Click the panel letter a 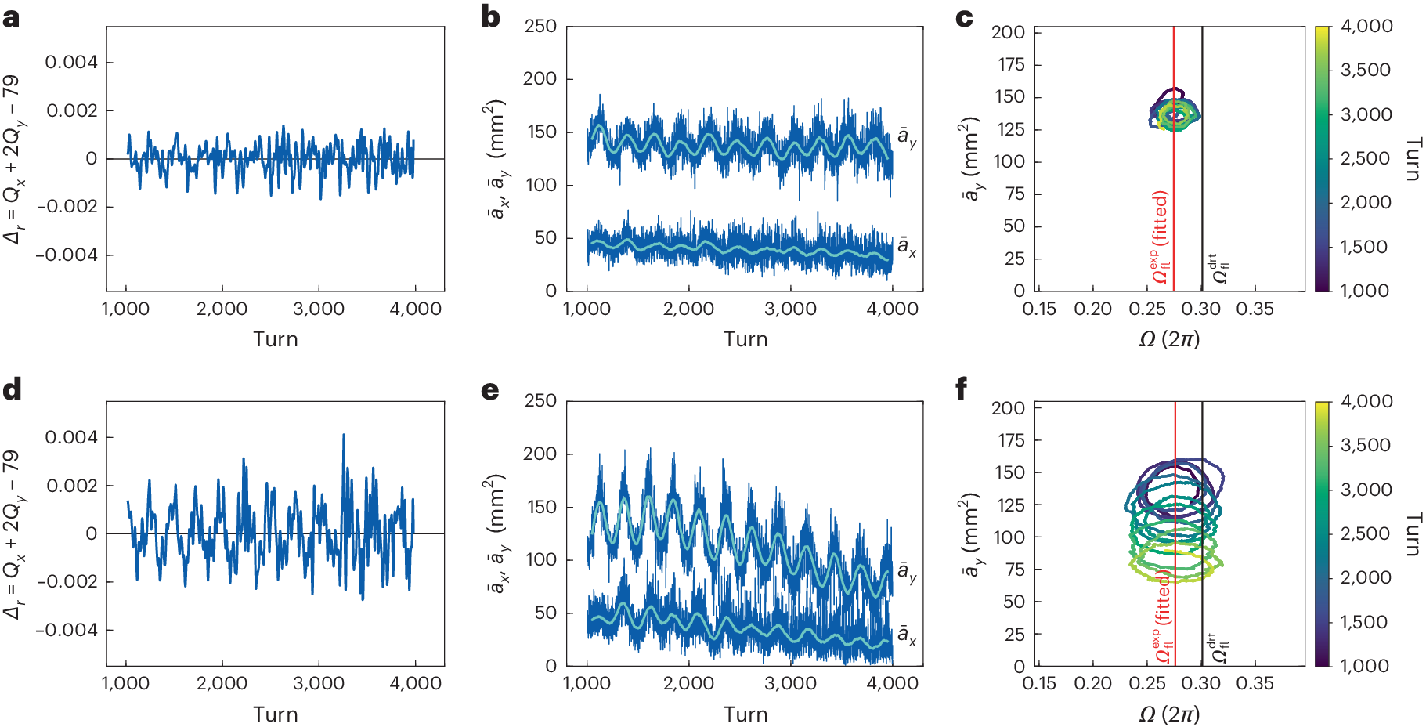11,17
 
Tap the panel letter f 962,389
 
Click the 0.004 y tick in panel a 70,62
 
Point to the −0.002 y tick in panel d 67,581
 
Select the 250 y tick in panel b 540,26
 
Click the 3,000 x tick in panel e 790,684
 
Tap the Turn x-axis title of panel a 275,339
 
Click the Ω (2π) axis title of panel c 1169,339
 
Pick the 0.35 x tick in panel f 1255,684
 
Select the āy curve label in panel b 907,137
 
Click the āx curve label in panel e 907,635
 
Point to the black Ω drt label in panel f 1219,649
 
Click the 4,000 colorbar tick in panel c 1366,26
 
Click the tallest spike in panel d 343,436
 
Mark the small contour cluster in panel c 1175,113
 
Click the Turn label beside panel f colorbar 1412,535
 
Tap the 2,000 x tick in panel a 222,309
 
